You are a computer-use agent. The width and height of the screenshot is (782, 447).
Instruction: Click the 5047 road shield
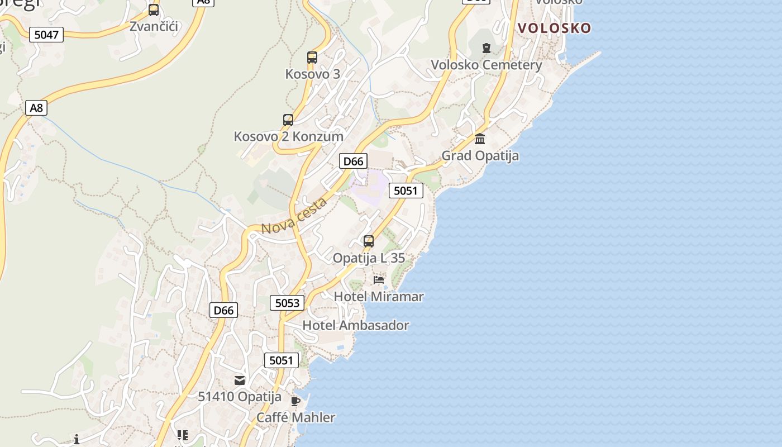(46, 35)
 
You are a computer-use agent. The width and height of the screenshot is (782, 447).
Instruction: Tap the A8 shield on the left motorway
(36, 108)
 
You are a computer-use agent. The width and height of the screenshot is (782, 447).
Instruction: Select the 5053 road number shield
(288, 303)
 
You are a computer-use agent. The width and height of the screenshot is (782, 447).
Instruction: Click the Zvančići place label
(154, 26)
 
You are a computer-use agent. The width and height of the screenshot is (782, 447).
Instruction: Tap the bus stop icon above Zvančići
(154, 10)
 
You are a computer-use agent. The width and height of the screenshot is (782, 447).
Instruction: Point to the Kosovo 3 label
(312, 74)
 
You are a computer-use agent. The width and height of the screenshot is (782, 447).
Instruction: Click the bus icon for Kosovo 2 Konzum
(288, 120)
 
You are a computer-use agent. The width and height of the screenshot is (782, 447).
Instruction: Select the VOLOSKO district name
(554, 28)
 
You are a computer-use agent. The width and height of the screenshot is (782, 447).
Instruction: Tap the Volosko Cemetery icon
(487, 49)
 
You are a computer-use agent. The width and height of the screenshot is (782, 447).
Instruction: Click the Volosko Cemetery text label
(486, 65)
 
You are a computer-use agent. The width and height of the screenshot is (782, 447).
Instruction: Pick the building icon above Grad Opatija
(480, 139)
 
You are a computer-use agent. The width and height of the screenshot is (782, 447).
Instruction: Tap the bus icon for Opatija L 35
(369, 241)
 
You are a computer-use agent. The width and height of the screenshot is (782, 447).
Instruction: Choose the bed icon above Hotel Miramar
(379, 280)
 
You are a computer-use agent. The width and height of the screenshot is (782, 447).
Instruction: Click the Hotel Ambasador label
(356, 325)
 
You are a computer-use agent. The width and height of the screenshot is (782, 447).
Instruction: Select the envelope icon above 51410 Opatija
(240, 381)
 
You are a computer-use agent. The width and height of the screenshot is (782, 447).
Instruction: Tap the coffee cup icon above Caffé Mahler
(295, 401)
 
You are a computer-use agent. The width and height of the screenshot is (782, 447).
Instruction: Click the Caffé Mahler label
(296, 417)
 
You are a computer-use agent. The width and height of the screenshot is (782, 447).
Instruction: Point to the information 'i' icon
(77, 439)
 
